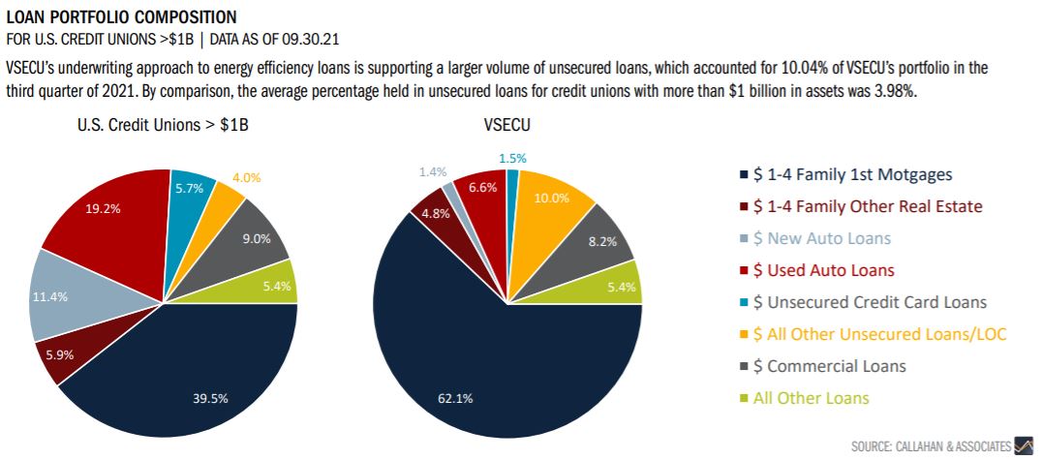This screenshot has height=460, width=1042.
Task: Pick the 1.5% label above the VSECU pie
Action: [514, 159]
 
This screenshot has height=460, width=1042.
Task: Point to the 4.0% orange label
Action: [247, 178]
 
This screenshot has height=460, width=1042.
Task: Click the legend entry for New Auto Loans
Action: [821, 238]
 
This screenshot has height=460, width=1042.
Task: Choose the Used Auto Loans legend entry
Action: [823, 270]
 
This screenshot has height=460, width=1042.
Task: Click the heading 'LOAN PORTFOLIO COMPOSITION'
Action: [121, 16]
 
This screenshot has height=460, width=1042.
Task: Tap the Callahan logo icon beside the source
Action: [1024, 445]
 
